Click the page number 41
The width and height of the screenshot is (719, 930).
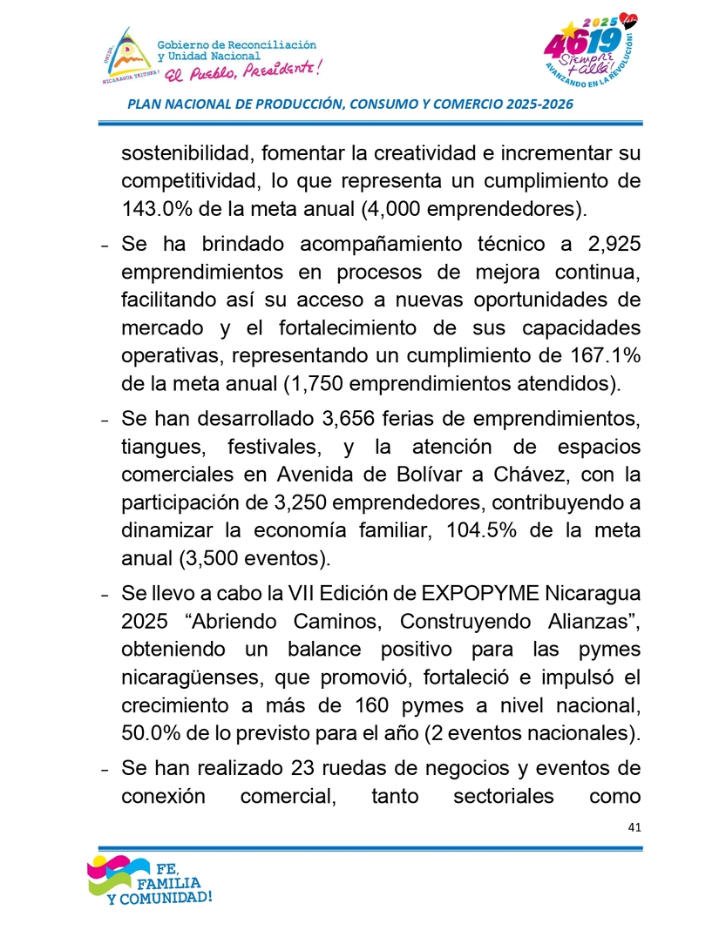click(634, 826)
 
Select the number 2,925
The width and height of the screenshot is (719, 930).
click(611, 244)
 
